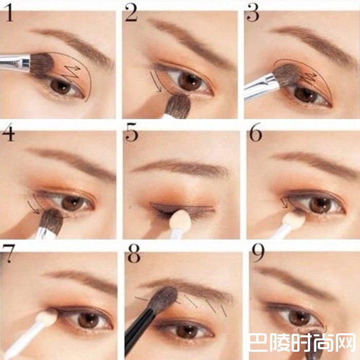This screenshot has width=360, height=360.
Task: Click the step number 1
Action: tap(9, 13)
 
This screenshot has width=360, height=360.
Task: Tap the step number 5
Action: tap(132, 132)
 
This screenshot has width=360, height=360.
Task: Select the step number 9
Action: tap(258, 253)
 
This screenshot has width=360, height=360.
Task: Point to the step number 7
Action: tap(9, 254)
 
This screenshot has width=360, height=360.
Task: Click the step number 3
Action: tap(253, 13)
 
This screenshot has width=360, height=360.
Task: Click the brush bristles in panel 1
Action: tap(42, 64)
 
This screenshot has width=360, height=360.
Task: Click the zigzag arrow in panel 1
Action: tap(71, 71)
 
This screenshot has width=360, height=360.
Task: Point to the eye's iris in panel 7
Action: tap(88, 320)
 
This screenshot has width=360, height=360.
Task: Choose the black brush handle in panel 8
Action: tap(138, 331)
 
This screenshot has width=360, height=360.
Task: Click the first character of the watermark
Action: tap(259, 343)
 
